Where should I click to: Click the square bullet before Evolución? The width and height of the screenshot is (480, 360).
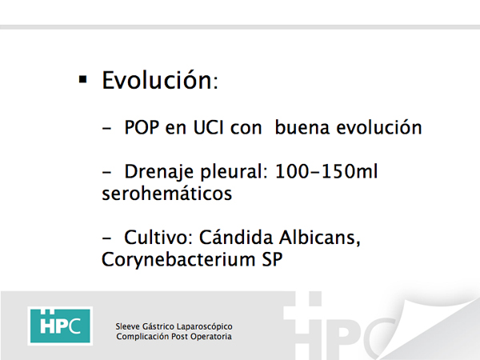pyautogui.click(x=82, y=79)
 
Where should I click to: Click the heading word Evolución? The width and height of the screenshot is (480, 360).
pyautogui.click(x=157, y=80)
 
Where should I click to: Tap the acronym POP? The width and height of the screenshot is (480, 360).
pyautogui.click(x=142, y=127)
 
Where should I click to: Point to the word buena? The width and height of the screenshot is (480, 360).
pyautogui.click(x=302, y=127)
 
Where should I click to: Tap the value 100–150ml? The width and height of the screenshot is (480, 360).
pyautogui.click(x=326, y=171)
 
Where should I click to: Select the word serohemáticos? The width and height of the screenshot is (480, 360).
pyautogui.click(x=167, y=193)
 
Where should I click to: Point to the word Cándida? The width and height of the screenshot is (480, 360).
pyautogui.click(x=236, y=237)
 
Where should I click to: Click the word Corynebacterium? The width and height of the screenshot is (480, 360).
pyautogui.click(x=178, y=260)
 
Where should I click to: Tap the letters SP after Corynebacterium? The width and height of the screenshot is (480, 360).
pyautogui.click(x=272, y=259)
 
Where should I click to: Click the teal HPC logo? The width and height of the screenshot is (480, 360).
pyautogui.click(x=60, y=326)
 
